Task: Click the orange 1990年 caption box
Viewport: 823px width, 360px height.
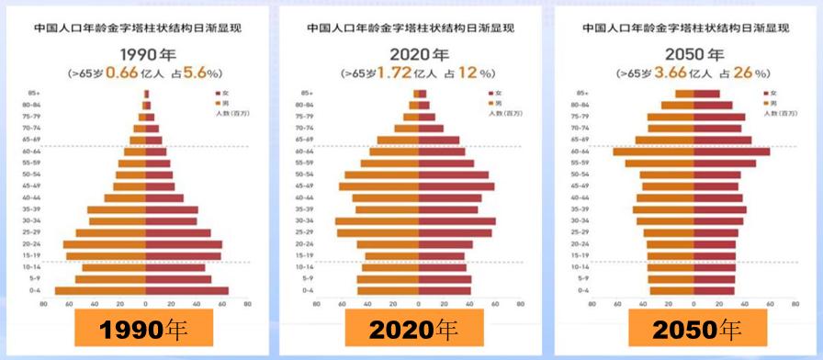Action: [x=144, y=330]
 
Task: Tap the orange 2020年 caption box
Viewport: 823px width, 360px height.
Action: [x=414, y=330]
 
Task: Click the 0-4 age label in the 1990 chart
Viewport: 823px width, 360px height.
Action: [x=37, y=290]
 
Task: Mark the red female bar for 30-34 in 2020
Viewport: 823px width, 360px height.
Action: [x=457, y=220]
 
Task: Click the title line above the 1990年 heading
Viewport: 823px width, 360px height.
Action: [x=143, y=28]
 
